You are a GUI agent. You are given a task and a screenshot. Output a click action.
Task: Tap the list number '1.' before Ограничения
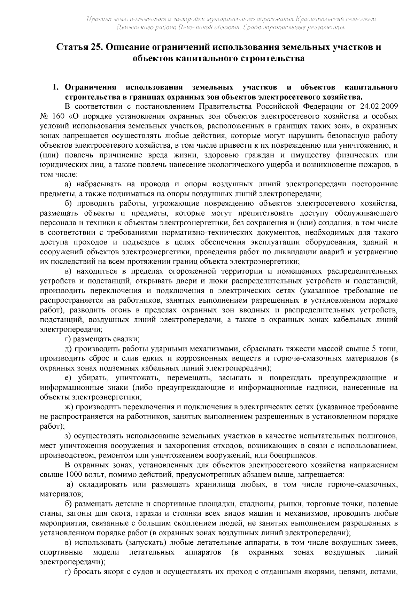coord(55,87)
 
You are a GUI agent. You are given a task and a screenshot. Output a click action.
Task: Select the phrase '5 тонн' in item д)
coord(385,348)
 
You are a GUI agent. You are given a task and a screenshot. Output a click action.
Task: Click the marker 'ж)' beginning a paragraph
coord(69,406)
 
